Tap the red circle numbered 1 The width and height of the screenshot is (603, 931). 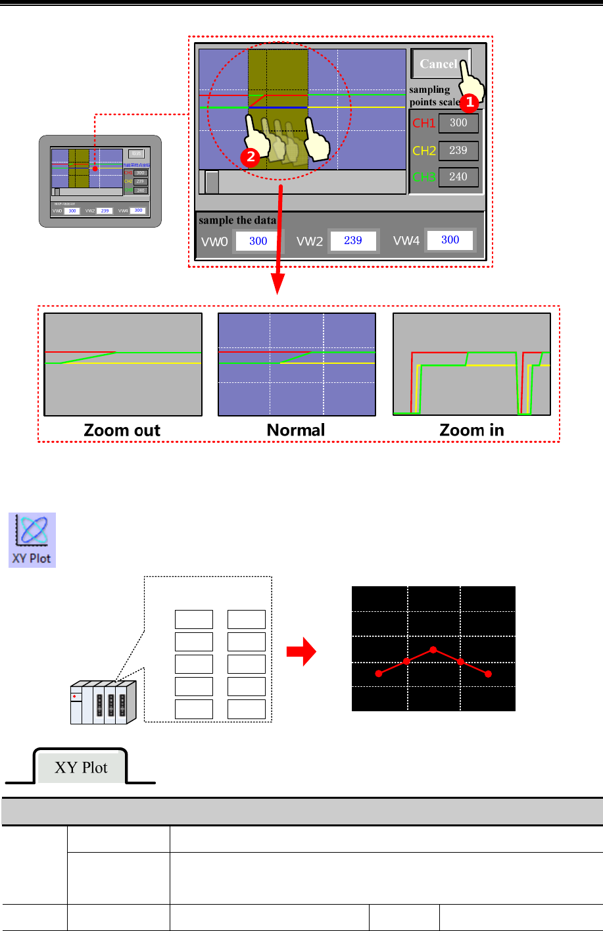468,102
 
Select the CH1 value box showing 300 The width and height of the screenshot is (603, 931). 458,123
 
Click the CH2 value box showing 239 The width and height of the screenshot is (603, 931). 458,151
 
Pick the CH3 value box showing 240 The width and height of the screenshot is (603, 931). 458,177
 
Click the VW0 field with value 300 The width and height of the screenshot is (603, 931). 258,241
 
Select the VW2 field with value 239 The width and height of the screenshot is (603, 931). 353,241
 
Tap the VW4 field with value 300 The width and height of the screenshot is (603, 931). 450,240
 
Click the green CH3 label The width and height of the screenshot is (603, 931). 423,177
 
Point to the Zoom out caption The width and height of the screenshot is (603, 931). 122,430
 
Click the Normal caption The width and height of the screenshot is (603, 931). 296,430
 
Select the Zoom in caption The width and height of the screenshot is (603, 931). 471,430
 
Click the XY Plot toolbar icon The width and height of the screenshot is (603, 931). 32,540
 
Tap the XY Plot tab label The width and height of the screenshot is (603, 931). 81,768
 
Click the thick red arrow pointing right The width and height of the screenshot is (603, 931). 302,653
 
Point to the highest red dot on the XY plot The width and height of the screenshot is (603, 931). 433,649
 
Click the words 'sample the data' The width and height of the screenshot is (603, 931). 237,220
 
